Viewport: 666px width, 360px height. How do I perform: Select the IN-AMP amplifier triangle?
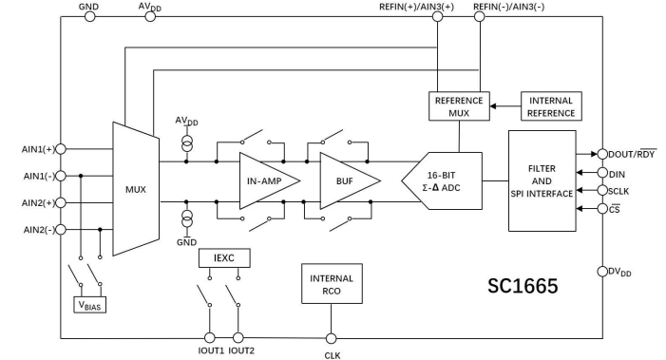coord(265,180)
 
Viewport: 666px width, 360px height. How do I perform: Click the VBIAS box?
coord(92,305)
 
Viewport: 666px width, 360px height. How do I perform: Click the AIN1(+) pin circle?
coord(61,149)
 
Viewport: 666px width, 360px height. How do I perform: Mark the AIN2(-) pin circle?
coord(61,229)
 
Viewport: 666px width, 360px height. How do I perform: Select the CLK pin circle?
coord(332,337)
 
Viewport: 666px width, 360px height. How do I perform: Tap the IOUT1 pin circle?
coord(211,337)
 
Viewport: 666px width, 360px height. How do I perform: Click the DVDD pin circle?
coord(602,272)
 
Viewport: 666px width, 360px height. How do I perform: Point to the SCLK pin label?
coord(623,190)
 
